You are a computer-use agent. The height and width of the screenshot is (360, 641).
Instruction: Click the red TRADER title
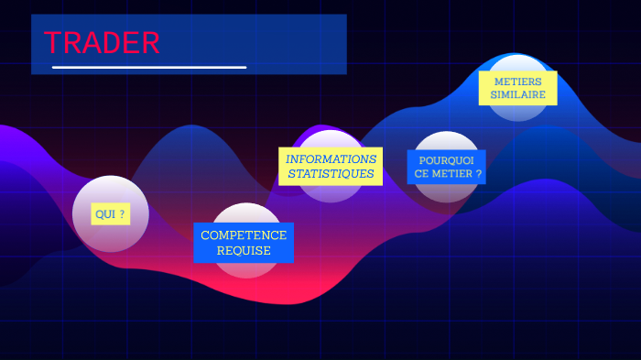[102, 43]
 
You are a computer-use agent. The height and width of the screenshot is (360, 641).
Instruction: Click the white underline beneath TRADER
[149, 67]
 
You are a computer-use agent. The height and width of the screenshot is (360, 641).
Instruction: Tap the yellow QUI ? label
[110, 214]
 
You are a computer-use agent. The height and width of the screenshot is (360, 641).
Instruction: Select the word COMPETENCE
[244, 235]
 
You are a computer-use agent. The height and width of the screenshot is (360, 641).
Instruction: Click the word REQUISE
[244, 250]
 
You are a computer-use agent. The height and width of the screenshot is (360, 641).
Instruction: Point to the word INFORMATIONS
[331, 158]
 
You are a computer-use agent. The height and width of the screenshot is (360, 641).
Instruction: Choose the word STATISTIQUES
[331, 173]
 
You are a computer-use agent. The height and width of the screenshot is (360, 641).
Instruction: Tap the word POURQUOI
[446, 158]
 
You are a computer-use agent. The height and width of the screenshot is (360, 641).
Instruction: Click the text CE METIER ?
[446, 173]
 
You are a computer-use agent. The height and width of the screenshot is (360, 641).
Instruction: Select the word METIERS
[517, 81]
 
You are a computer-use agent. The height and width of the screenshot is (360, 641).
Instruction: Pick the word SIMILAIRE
[517, 94]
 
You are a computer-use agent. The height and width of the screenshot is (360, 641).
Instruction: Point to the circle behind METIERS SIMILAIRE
[517, 110]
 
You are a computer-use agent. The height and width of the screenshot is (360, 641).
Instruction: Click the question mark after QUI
[123, 214]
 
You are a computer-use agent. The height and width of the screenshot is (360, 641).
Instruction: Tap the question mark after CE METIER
[478, 173]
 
